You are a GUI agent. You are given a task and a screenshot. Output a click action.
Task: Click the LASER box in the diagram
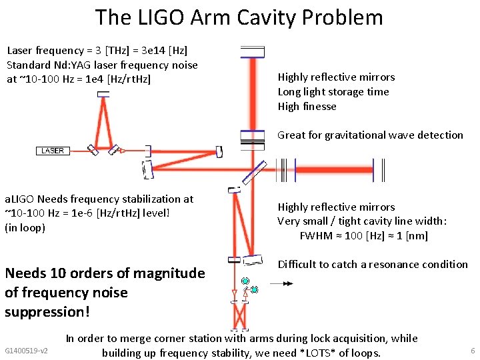point(53,151)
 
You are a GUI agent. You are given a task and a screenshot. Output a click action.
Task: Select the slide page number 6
point(473,350)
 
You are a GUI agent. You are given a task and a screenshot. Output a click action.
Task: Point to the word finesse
point(319,107)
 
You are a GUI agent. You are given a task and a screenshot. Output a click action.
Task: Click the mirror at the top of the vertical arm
point(252,52)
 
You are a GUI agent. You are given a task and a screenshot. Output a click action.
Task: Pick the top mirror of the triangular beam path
point(103,94)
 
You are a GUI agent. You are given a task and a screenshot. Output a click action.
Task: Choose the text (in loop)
point(25,228)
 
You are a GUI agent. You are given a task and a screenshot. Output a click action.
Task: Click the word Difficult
point(297,264)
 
